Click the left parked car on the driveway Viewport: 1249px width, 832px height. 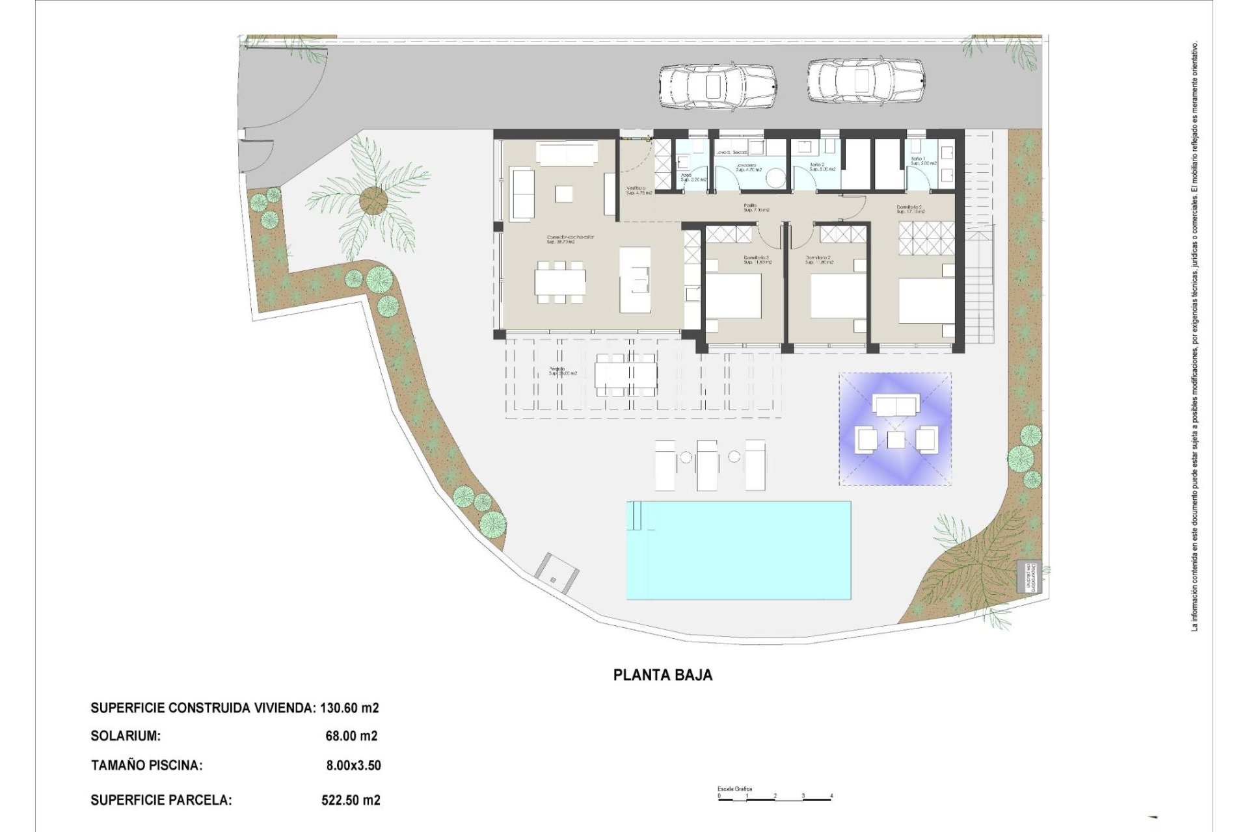717,85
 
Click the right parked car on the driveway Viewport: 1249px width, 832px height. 865,81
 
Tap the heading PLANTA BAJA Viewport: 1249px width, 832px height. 663,675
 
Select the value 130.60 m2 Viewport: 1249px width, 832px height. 350,708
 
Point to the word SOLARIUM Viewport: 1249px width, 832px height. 126,736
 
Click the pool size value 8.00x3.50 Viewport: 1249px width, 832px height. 353,765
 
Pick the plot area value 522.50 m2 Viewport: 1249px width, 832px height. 351,800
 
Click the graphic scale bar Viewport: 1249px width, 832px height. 775,798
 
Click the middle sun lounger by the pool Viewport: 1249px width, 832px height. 707,464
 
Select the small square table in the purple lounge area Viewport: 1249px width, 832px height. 896,440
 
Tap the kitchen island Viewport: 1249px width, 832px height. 634,279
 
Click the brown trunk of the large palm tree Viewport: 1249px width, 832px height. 371,199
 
